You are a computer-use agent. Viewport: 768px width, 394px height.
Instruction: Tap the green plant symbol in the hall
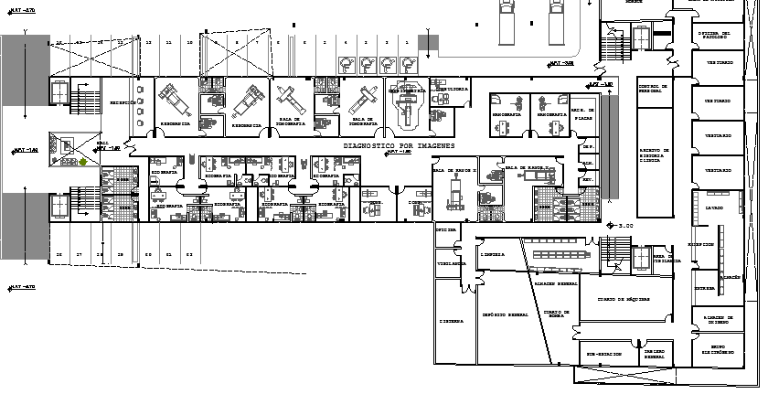[83, 163]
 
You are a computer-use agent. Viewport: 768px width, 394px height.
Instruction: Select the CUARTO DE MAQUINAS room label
[624, 299]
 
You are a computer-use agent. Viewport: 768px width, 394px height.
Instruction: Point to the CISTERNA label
[450, 321]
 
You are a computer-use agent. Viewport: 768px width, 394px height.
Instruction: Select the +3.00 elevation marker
[624, 226]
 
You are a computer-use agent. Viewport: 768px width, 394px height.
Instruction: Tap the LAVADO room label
[714, 208]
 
